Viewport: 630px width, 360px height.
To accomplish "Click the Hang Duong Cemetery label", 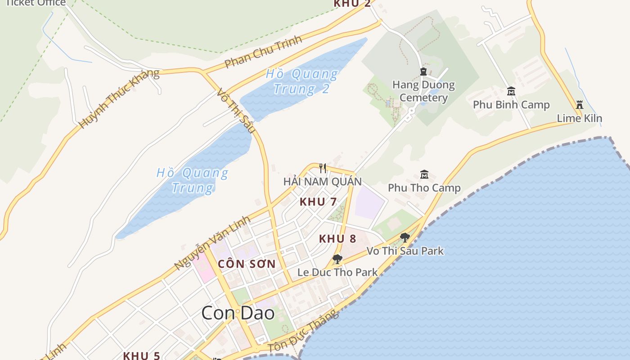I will coord(423,91).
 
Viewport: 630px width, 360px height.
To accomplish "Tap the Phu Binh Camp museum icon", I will coord(511,91).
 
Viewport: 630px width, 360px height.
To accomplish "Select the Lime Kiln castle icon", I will coord(580,105).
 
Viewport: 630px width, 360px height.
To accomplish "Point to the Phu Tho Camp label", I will coord(424,188).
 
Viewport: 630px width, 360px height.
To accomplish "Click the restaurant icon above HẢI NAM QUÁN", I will coord(322,168).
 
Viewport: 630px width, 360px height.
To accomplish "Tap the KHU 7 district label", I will coord(318,202).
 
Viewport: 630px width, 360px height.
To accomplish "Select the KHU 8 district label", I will coord(337,239).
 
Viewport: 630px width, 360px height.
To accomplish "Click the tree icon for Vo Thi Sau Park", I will coord(405,237).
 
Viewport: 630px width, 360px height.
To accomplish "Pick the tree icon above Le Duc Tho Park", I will coord(337,259).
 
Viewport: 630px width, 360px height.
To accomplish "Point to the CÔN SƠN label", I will coord(247,264).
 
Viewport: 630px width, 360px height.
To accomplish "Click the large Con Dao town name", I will coord(238,313).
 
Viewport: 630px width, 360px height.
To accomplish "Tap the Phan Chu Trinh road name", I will coord(263,52).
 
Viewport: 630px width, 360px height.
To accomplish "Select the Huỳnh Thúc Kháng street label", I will coord(119,99).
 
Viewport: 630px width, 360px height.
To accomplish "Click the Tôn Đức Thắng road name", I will coord(303,332).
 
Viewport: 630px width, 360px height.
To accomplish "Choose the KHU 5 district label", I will coord(141,355).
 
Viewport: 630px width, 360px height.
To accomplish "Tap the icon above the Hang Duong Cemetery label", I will coord(423,71).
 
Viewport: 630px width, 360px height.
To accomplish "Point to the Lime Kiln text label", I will coord(579,118).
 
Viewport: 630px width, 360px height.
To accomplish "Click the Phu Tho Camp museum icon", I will coord(424,174).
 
